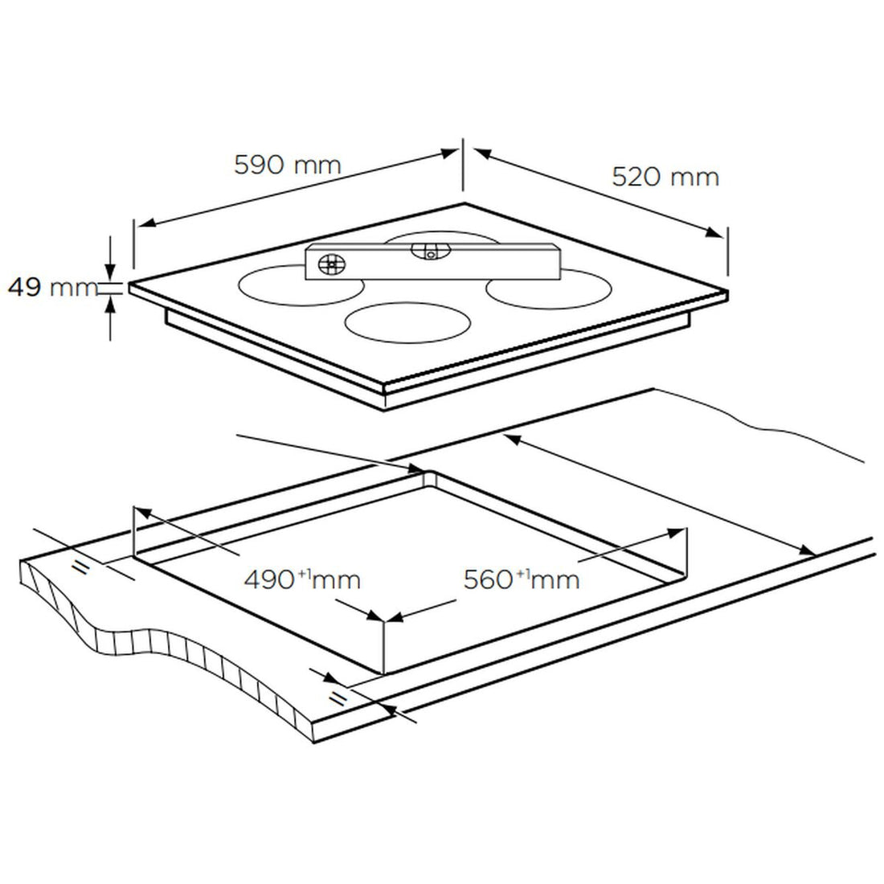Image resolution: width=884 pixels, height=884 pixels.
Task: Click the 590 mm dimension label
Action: click(x=287, y=165)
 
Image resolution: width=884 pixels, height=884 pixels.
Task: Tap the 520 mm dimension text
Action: click(x=665, y=177)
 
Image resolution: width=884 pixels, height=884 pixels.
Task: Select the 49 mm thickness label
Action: click(x=50, y=287)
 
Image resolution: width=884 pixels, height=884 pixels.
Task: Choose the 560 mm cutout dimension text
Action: click(x=522, y=578)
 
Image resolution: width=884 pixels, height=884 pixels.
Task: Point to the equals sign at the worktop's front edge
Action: click(x=338, y=696)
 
